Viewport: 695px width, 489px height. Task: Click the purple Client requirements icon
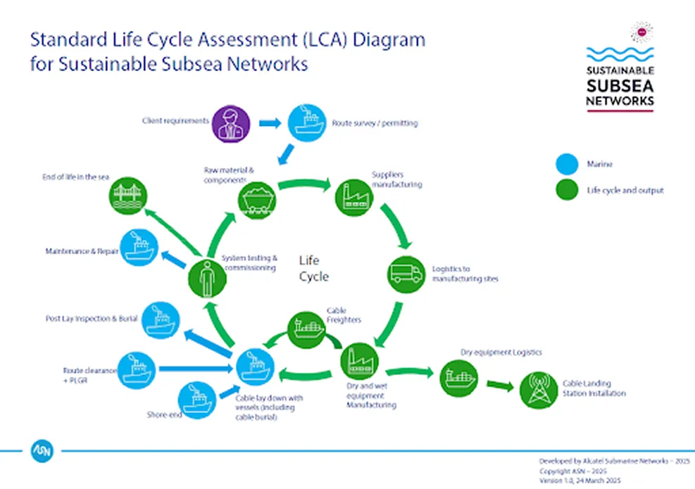[x=231, y=124]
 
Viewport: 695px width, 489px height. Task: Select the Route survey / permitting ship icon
[x=307, y=122]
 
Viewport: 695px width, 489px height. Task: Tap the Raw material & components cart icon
[x=257, y=201]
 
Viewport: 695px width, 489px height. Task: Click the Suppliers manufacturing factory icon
[x=354, y=198]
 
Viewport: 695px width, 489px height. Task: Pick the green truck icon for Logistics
[x=406, y=274]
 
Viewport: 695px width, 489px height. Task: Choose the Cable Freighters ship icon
[x=306, y=329]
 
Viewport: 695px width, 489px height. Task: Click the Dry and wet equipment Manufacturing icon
[x=359, y=362]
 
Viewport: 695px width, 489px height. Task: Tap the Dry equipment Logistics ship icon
[x=458, y=379]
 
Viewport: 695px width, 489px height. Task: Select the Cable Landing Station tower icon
[x=539, y=390]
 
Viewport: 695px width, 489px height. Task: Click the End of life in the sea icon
[x=128, y=196]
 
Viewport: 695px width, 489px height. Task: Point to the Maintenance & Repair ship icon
[x=139, y=247]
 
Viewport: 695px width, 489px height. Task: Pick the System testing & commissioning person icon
[x=207, y=279]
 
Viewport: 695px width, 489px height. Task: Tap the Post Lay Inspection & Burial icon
[x=161, y=320]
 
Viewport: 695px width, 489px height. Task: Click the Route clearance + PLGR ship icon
[x=137, y=370]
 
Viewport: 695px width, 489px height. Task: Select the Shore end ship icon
[x=197, y=400]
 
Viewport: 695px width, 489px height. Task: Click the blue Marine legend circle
[x=567, y=164]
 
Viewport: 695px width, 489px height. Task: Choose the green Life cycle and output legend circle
[x=567, y=189]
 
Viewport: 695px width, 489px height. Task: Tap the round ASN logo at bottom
[x=42, y=451]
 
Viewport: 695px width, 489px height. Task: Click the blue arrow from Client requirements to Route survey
[x=270, y=122]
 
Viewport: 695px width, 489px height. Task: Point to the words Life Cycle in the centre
[x=314, y=268]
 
